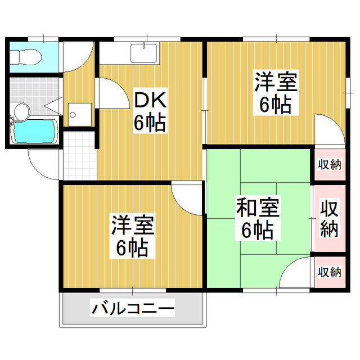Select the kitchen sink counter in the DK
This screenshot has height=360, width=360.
(x=145, y=52)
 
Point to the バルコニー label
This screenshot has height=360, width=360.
(x=133, y=309)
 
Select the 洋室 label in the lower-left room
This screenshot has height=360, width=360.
(x=133, y=226)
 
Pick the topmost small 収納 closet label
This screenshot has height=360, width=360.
(x=330, y=165)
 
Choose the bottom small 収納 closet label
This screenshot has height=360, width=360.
(x=330, y=272)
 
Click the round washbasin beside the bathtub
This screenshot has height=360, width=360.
(x=21, y=111)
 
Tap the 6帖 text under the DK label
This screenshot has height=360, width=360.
(x=150, y=123)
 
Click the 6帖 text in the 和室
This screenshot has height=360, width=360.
(x=258, y=229)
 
